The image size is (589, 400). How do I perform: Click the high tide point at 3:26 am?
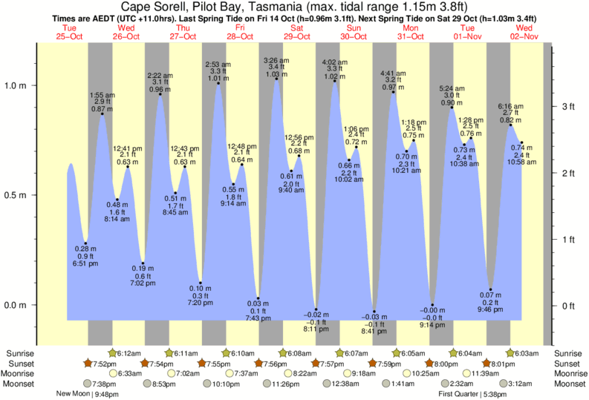point(276,79)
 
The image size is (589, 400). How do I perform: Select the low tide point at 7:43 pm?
point(258,298)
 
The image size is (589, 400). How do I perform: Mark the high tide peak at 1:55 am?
point(102,114)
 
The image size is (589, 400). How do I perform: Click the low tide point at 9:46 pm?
point(490,289)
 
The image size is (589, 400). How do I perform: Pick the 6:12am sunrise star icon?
point(113,353)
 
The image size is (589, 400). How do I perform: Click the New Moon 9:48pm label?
point(88,394)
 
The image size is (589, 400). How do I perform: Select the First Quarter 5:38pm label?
point(472,394)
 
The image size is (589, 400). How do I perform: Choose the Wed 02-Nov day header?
point(524,31)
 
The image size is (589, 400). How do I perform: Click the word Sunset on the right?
point(568,363)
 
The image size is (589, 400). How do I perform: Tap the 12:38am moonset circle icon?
point(328,384)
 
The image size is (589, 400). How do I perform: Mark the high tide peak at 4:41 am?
point(393,91)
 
